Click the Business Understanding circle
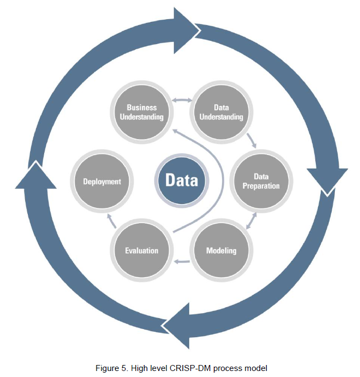(x=142, y=112)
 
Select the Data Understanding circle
(x=221, y=112)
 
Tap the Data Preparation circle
(x=259, y=182)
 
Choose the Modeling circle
(x=221, y=251)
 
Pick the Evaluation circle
(x=142, y=251)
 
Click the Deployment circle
(x=102, y=182)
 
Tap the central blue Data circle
(x=182, y=181)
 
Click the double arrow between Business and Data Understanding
(x=182, y=100)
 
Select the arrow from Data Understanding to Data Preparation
(x=251, y=140)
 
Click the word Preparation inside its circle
(x=261, y=186)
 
